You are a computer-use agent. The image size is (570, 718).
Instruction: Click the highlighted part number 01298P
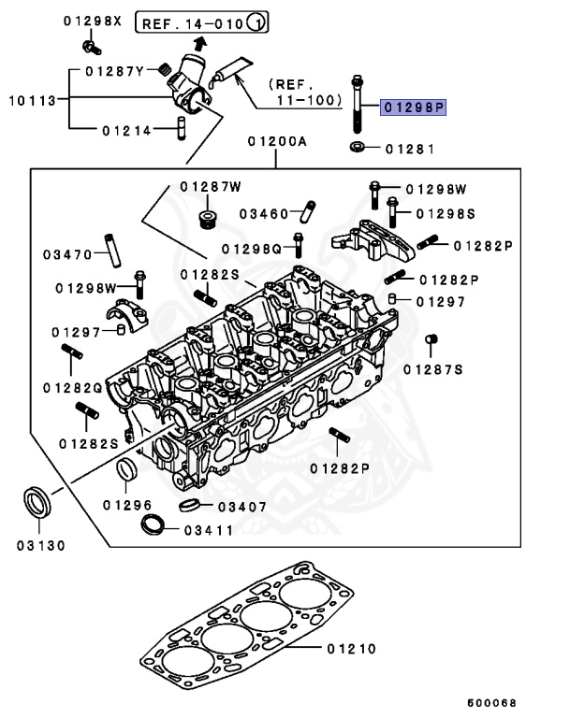[x=414, y=108]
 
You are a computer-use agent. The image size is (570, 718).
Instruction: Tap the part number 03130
[x=39, y=545]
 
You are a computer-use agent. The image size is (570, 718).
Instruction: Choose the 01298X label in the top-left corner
[x=93, y=21]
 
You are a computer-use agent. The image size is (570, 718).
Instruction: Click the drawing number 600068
[x=491, y=701]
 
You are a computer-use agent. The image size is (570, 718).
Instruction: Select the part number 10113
[x=30, y=99]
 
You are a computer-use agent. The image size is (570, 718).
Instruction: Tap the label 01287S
[x=433, y=369]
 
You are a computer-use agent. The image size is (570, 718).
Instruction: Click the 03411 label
[x=209, y=529]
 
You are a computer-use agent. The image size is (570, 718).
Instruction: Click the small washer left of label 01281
[x=357, y=147]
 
